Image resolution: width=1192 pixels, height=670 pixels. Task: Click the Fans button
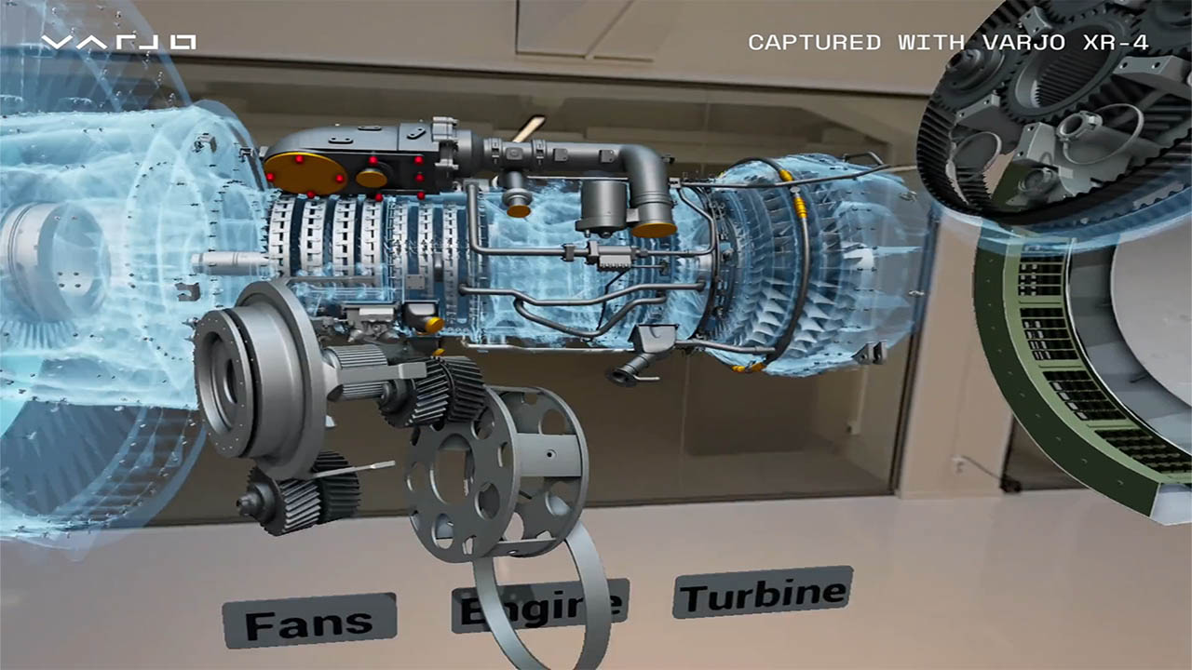pos(309,621)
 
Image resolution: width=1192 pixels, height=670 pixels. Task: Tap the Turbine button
pos(763,593)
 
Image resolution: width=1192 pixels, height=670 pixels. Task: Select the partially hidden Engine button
pos(539,606)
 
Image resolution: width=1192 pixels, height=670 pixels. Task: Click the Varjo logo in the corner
pos(118,43)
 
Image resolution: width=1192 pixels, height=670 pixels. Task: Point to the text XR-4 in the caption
pos(1116,43)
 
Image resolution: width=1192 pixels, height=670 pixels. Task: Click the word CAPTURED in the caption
pos(814,43)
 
